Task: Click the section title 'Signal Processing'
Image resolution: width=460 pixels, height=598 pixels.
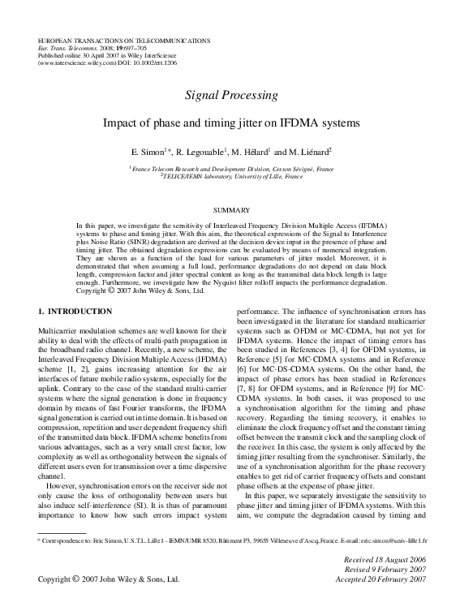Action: (x=230, y=96)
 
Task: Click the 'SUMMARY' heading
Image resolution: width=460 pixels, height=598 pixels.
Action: (x=230, y=209)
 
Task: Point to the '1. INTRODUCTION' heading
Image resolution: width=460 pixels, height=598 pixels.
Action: (x=75, y=312)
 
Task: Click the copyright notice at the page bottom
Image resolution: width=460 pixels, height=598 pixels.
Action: (x=108, y=580)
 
